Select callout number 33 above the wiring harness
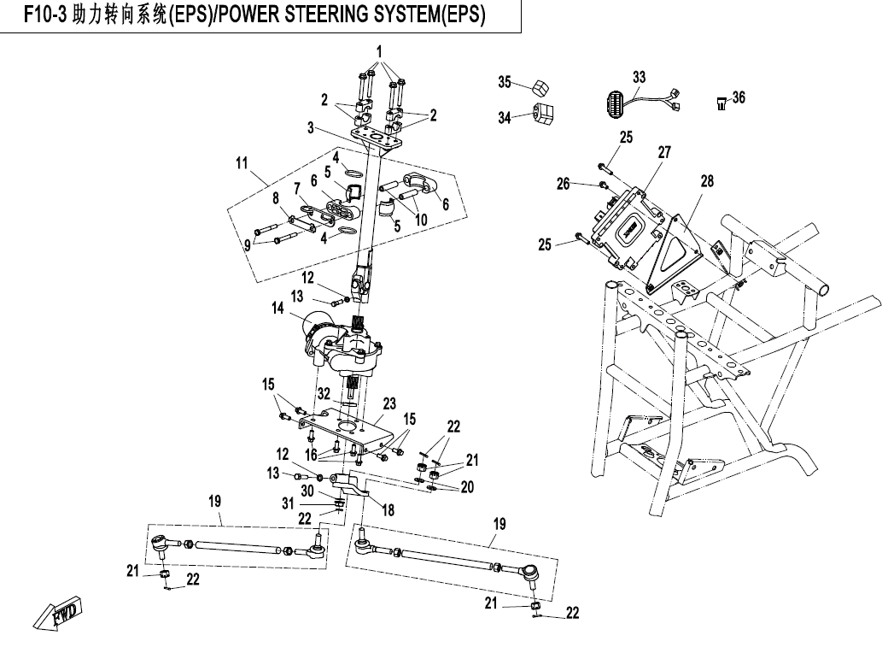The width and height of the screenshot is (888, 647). pos(640,76)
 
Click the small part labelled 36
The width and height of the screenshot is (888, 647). pos(721,103)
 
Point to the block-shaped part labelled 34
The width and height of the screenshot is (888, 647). pos(541,113)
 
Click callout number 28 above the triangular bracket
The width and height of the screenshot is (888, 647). pos(706,180)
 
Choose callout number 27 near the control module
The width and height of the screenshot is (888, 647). pos(664,152)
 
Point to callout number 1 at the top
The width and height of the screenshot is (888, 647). pos(381,50)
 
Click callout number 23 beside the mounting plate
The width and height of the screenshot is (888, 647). pos(389,403)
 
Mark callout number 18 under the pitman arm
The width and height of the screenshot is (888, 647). pos(388,509)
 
